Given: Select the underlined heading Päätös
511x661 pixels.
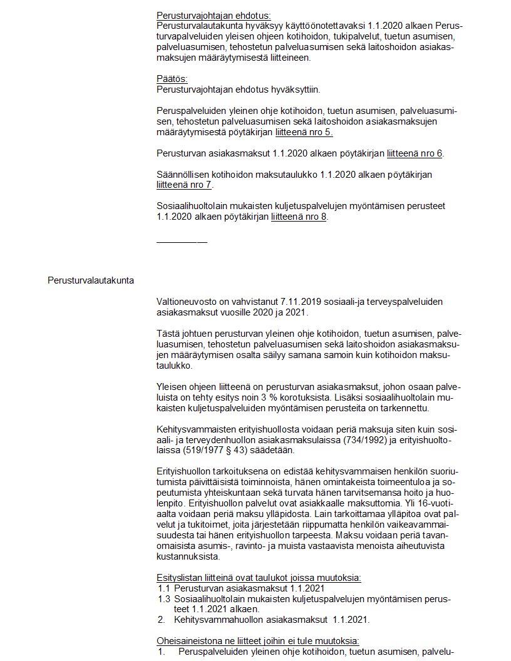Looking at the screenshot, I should point(172,79).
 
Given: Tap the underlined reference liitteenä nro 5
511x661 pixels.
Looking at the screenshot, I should point(304,132).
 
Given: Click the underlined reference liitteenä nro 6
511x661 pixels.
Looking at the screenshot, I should point(415,153).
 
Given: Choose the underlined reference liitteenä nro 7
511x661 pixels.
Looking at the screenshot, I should point(184,185).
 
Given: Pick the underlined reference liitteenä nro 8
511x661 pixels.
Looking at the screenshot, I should point(299,217).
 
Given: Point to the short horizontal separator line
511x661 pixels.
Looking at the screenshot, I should point(182,241).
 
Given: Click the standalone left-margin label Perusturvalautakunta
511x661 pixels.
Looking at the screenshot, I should point(90,280).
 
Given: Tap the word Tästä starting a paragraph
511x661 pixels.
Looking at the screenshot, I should point(169,334).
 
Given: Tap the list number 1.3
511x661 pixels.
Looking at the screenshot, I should point(164,599).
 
